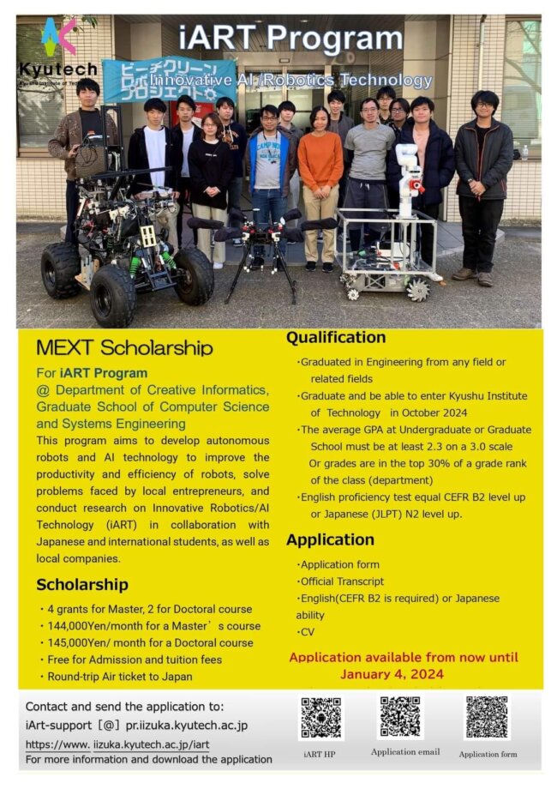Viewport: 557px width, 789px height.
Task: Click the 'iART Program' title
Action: tap(291, 39)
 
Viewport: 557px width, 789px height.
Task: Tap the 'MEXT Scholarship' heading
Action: tap(124, 347)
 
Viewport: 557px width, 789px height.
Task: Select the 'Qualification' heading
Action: tap(336, 338)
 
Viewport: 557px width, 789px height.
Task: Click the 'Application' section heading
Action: tap(330, 539)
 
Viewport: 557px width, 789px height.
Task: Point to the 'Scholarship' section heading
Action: tap(82, 585)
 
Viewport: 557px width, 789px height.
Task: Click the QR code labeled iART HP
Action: tap(322, 719)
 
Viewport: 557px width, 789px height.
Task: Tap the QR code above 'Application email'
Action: tap(401, 717)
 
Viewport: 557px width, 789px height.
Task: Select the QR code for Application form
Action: tap(487, 717)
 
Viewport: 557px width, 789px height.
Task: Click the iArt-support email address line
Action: tap(137, 725)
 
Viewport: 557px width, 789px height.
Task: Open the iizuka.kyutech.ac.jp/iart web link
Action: tap(117, 744)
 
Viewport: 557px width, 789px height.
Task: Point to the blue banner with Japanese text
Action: tap(168, 79)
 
